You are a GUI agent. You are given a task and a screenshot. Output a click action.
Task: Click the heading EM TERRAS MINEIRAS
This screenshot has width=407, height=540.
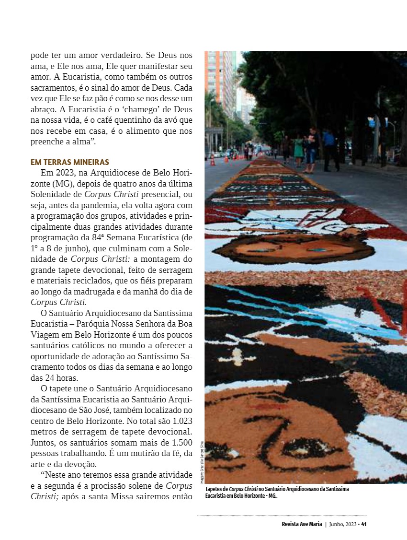(x=70, y=162)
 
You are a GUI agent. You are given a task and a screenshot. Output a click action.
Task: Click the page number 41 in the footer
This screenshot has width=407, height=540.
(x=364, y=524)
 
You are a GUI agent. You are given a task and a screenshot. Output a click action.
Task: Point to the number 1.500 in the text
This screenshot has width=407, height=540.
(x=181, y=442)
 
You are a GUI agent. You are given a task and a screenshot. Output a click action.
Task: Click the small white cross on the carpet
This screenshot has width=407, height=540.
(x=237, y=356)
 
